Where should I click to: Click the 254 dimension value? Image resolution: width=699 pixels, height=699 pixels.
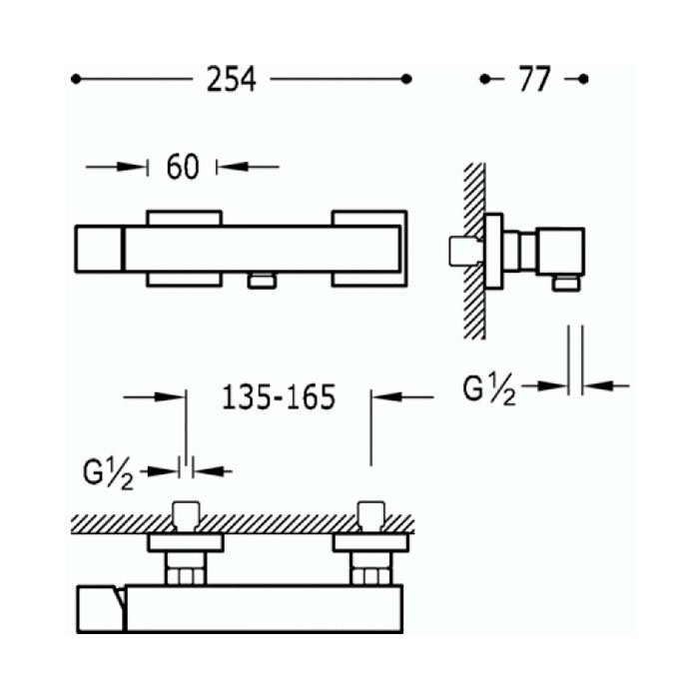[x=232, y=80]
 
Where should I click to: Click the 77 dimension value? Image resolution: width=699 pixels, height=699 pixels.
[x=535, y=80]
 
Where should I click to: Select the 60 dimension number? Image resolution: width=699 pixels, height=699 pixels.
[x=183, y=167]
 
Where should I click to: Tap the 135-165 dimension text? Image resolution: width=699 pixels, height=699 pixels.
[x=279, y=397]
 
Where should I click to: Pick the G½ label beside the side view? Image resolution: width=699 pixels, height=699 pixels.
[x=489, y=388]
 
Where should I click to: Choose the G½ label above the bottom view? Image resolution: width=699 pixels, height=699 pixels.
[x=108, y=474]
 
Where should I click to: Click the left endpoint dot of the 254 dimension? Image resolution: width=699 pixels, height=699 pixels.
[x=76, y=79]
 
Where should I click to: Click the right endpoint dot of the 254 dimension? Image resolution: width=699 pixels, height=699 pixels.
[x=406, y=79]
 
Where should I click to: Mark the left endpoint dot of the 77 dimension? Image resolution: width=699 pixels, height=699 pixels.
[x=484, y=79]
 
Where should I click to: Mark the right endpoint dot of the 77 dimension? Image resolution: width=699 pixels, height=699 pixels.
[x=583, y=79]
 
